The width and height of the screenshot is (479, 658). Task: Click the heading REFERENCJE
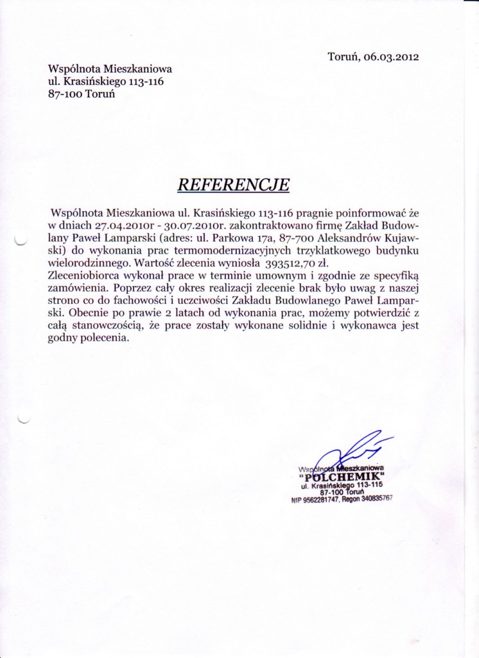click(233, 184)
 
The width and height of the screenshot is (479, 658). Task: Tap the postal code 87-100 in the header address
click(64, 93)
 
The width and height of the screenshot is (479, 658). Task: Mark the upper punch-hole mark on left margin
click(19, 241)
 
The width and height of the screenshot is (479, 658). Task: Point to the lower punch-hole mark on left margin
click(24, 419)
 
